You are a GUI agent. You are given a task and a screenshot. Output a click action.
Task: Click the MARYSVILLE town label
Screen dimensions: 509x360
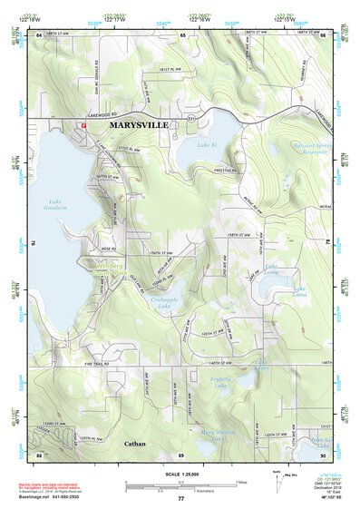[x=138, y=124]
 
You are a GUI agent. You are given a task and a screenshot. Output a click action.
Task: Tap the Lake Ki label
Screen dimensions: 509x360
[x=207, y=144]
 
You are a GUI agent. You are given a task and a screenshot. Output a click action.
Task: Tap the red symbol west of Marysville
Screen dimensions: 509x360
[x=83, y=124]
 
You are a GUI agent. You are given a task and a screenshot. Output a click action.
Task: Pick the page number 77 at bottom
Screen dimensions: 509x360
[x=180, y=498]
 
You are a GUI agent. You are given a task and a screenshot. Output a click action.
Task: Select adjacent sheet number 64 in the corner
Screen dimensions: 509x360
[x=39, y=34]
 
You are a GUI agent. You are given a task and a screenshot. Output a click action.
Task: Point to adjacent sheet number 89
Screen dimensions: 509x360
[x=181, y=454]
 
